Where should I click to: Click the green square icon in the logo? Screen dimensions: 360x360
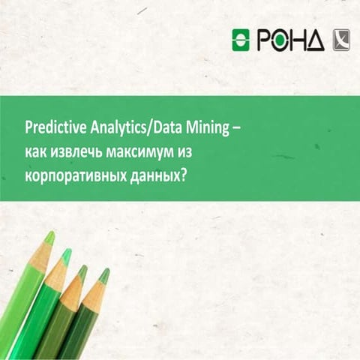point(241,38)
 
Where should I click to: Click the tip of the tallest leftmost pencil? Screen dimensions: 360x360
point(49,238)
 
